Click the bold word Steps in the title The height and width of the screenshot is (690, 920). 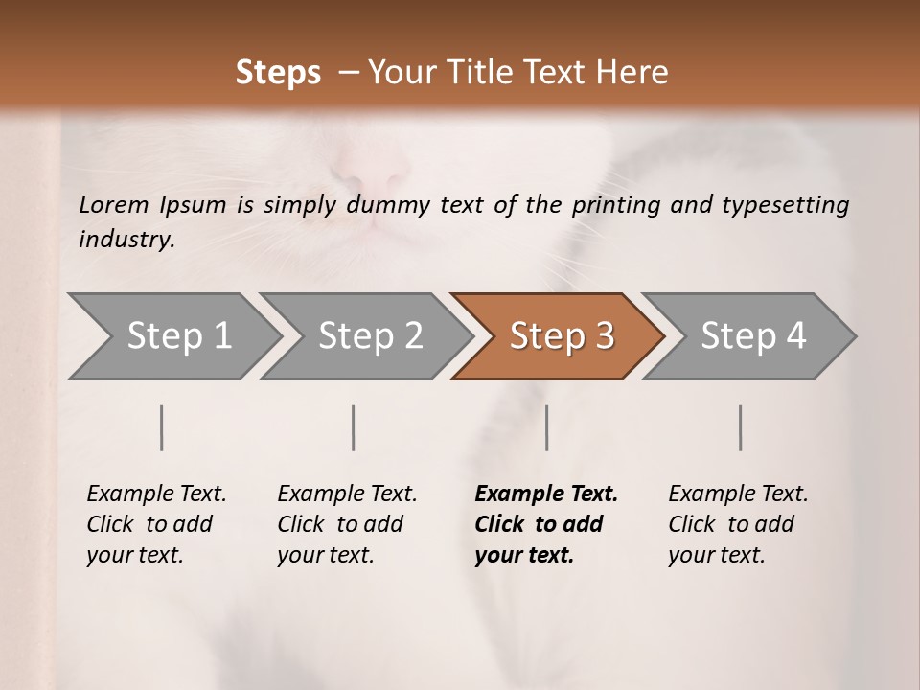[x=278, y=73]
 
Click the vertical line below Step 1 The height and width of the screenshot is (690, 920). [x=162, y=427]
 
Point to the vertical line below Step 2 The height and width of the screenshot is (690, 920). [x=354, y=427]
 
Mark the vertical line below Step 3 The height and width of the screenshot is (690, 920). [x=547, y=427]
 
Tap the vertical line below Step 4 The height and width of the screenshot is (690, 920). [x=741, y=427]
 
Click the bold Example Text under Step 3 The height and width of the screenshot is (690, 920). [x=546, y=494]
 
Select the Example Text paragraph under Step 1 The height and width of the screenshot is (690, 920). [x=156, y=524]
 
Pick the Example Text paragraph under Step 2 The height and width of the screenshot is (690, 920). [x=347, y=524]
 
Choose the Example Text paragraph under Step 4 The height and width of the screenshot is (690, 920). [x=738, y=524]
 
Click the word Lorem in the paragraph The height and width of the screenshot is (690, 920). [x=114, y=204]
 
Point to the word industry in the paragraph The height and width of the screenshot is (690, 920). [x=126, y=239]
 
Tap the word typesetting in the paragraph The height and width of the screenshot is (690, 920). [x=792, y=205]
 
